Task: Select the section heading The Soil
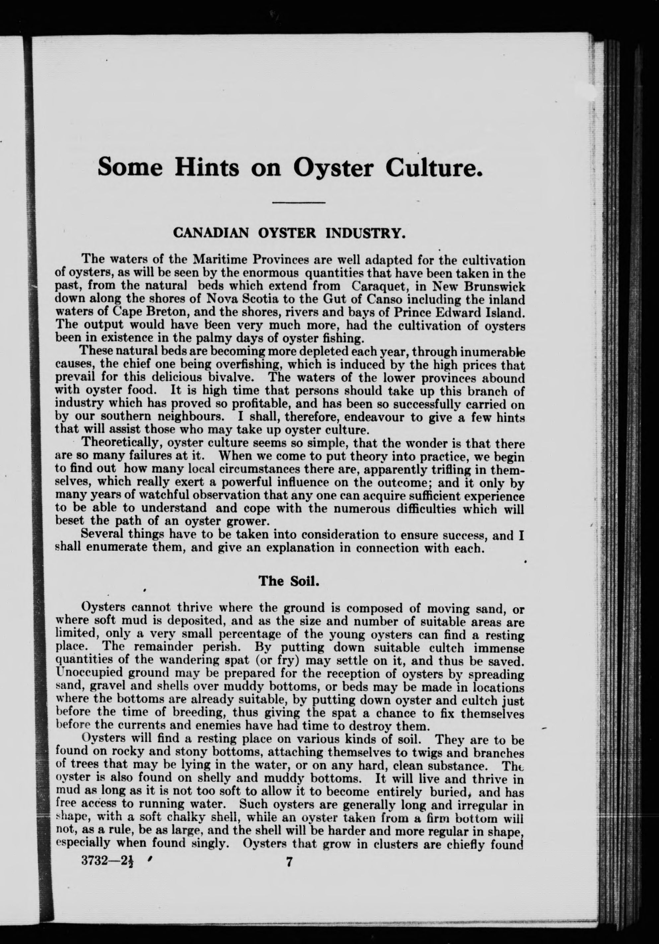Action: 289,580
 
